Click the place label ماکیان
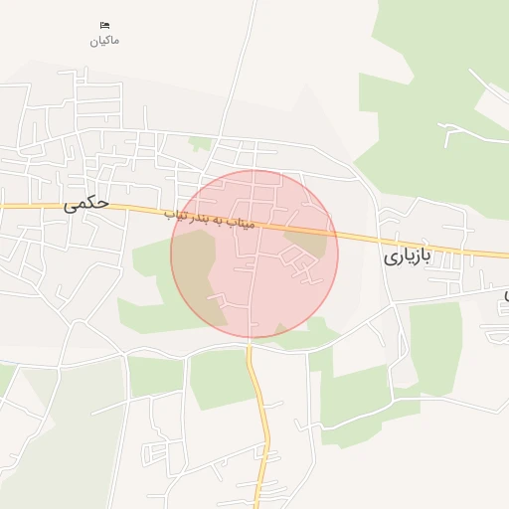[x=103, y=40]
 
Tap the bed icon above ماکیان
[x=104, y=24]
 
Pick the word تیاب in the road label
[x=175, y=212]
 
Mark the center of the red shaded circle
[x=254, y=254]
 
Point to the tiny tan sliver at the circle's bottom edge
[x=282, y=329]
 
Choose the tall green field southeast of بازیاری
[x=435, y=343]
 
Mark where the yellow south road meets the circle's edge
[x=251, y=338]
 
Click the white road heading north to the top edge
[x=239, y=70]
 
